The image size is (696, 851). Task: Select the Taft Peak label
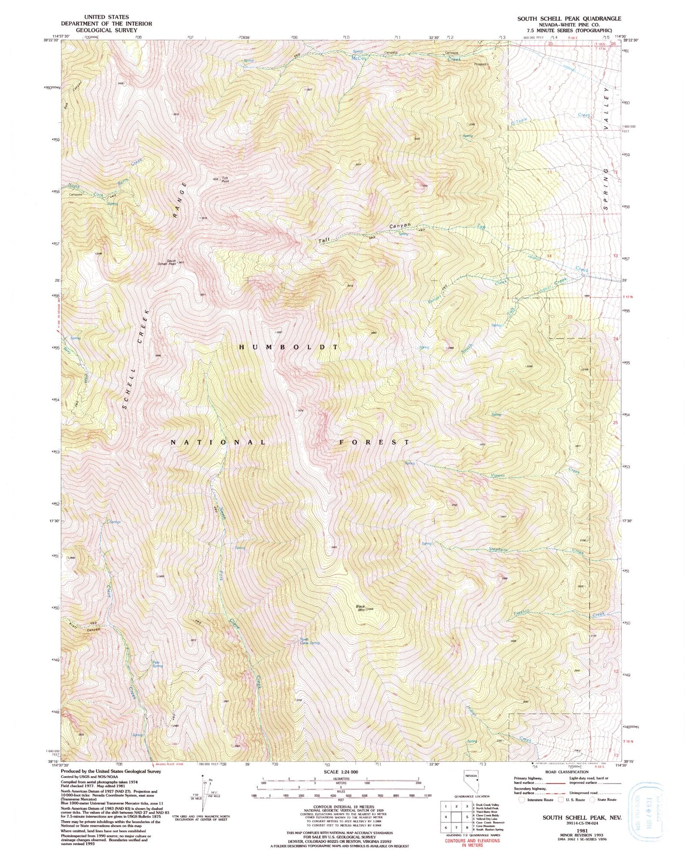pyautogui.click(x=224, y=179)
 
